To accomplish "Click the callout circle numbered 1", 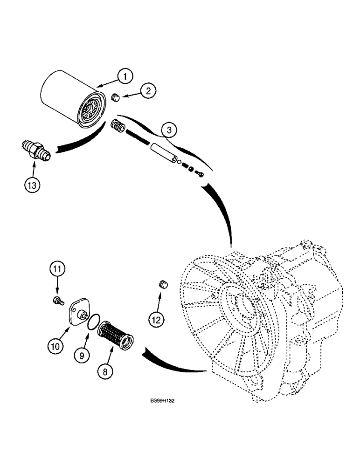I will tap(125, 75).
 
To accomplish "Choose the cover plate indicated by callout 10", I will tap(79, 313).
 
